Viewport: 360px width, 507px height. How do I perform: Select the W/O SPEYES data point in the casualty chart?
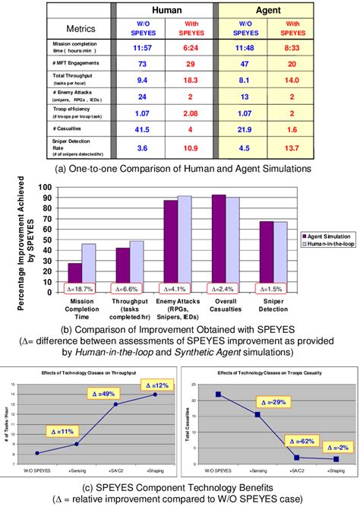point(218,394)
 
